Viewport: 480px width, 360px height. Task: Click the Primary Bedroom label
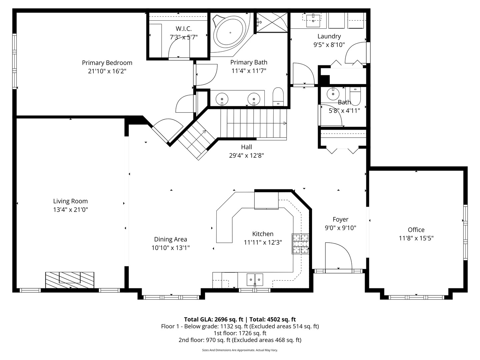point(107,63)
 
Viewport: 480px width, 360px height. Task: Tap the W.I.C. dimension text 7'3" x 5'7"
point(184,37)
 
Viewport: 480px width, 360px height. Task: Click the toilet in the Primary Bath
point(278,96)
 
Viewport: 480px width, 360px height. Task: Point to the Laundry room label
point(329,36)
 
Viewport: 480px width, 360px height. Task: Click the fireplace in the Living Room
point(70,279)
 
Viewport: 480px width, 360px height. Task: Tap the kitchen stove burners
point(300,244)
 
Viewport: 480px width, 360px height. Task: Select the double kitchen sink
point(255,279)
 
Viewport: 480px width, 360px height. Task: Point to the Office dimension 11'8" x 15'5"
point(416,238)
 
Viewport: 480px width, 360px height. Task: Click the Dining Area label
point(170,239)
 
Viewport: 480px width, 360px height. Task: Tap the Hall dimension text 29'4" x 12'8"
point(246,155)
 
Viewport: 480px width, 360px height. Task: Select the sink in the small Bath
point(332,94)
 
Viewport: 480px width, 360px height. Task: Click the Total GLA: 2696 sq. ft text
point(214,319)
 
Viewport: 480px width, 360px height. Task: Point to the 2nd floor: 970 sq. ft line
point(240,340)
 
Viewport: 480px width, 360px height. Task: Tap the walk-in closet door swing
point(178,48)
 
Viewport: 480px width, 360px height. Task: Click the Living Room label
point(70,201)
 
